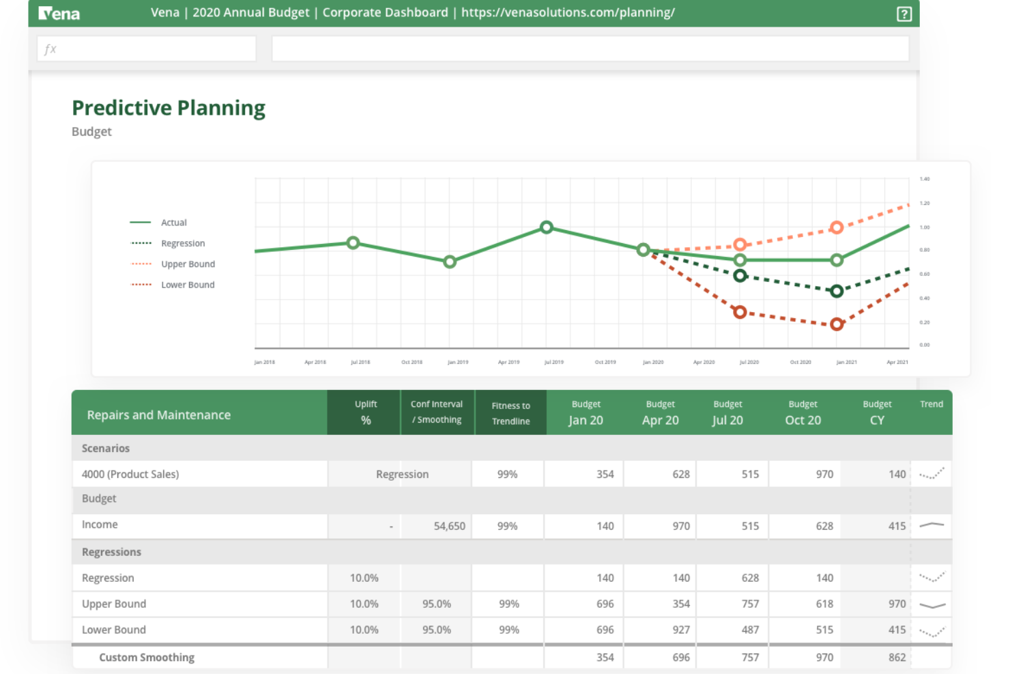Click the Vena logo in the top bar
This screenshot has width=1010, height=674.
(x=59, y=13)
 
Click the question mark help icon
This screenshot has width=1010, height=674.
(x=904, y=14)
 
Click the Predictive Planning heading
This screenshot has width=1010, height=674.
(x=169, y=108)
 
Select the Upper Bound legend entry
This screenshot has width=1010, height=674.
(x=188, y=264)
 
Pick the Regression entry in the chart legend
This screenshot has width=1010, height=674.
(x=183, y=243)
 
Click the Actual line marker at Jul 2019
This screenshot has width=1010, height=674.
(x=546, y=227)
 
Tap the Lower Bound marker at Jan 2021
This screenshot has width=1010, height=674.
(x=837, y=324)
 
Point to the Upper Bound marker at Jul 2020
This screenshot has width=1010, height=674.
(x=740, y=244)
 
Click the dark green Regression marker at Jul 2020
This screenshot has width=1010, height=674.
(x=740, y=276)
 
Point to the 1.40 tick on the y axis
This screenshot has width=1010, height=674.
(x=925, y=179)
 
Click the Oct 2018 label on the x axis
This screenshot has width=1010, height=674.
(x=412, y=362)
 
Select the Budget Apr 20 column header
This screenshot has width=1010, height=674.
(x=660, y=412)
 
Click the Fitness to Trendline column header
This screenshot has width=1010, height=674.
(x=510, y=412)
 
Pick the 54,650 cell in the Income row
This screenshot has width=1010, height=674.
(x=449, y=526)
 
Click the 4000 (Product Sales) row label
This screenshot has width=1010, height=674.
(x=130, y=474)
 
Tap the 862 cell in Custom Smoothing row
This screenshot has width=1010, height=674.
(x=897, y=657)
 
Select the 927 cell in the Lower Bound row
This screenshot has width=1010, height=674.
(x=680, y=630)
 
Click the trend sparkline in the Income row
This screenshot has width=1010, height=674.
(x=932, y=525)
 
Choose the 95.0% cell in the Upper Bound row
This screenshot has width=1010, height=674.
(x=436, y=604)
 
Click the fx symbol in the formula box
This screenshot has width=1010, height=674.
(x=50, y=49)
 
